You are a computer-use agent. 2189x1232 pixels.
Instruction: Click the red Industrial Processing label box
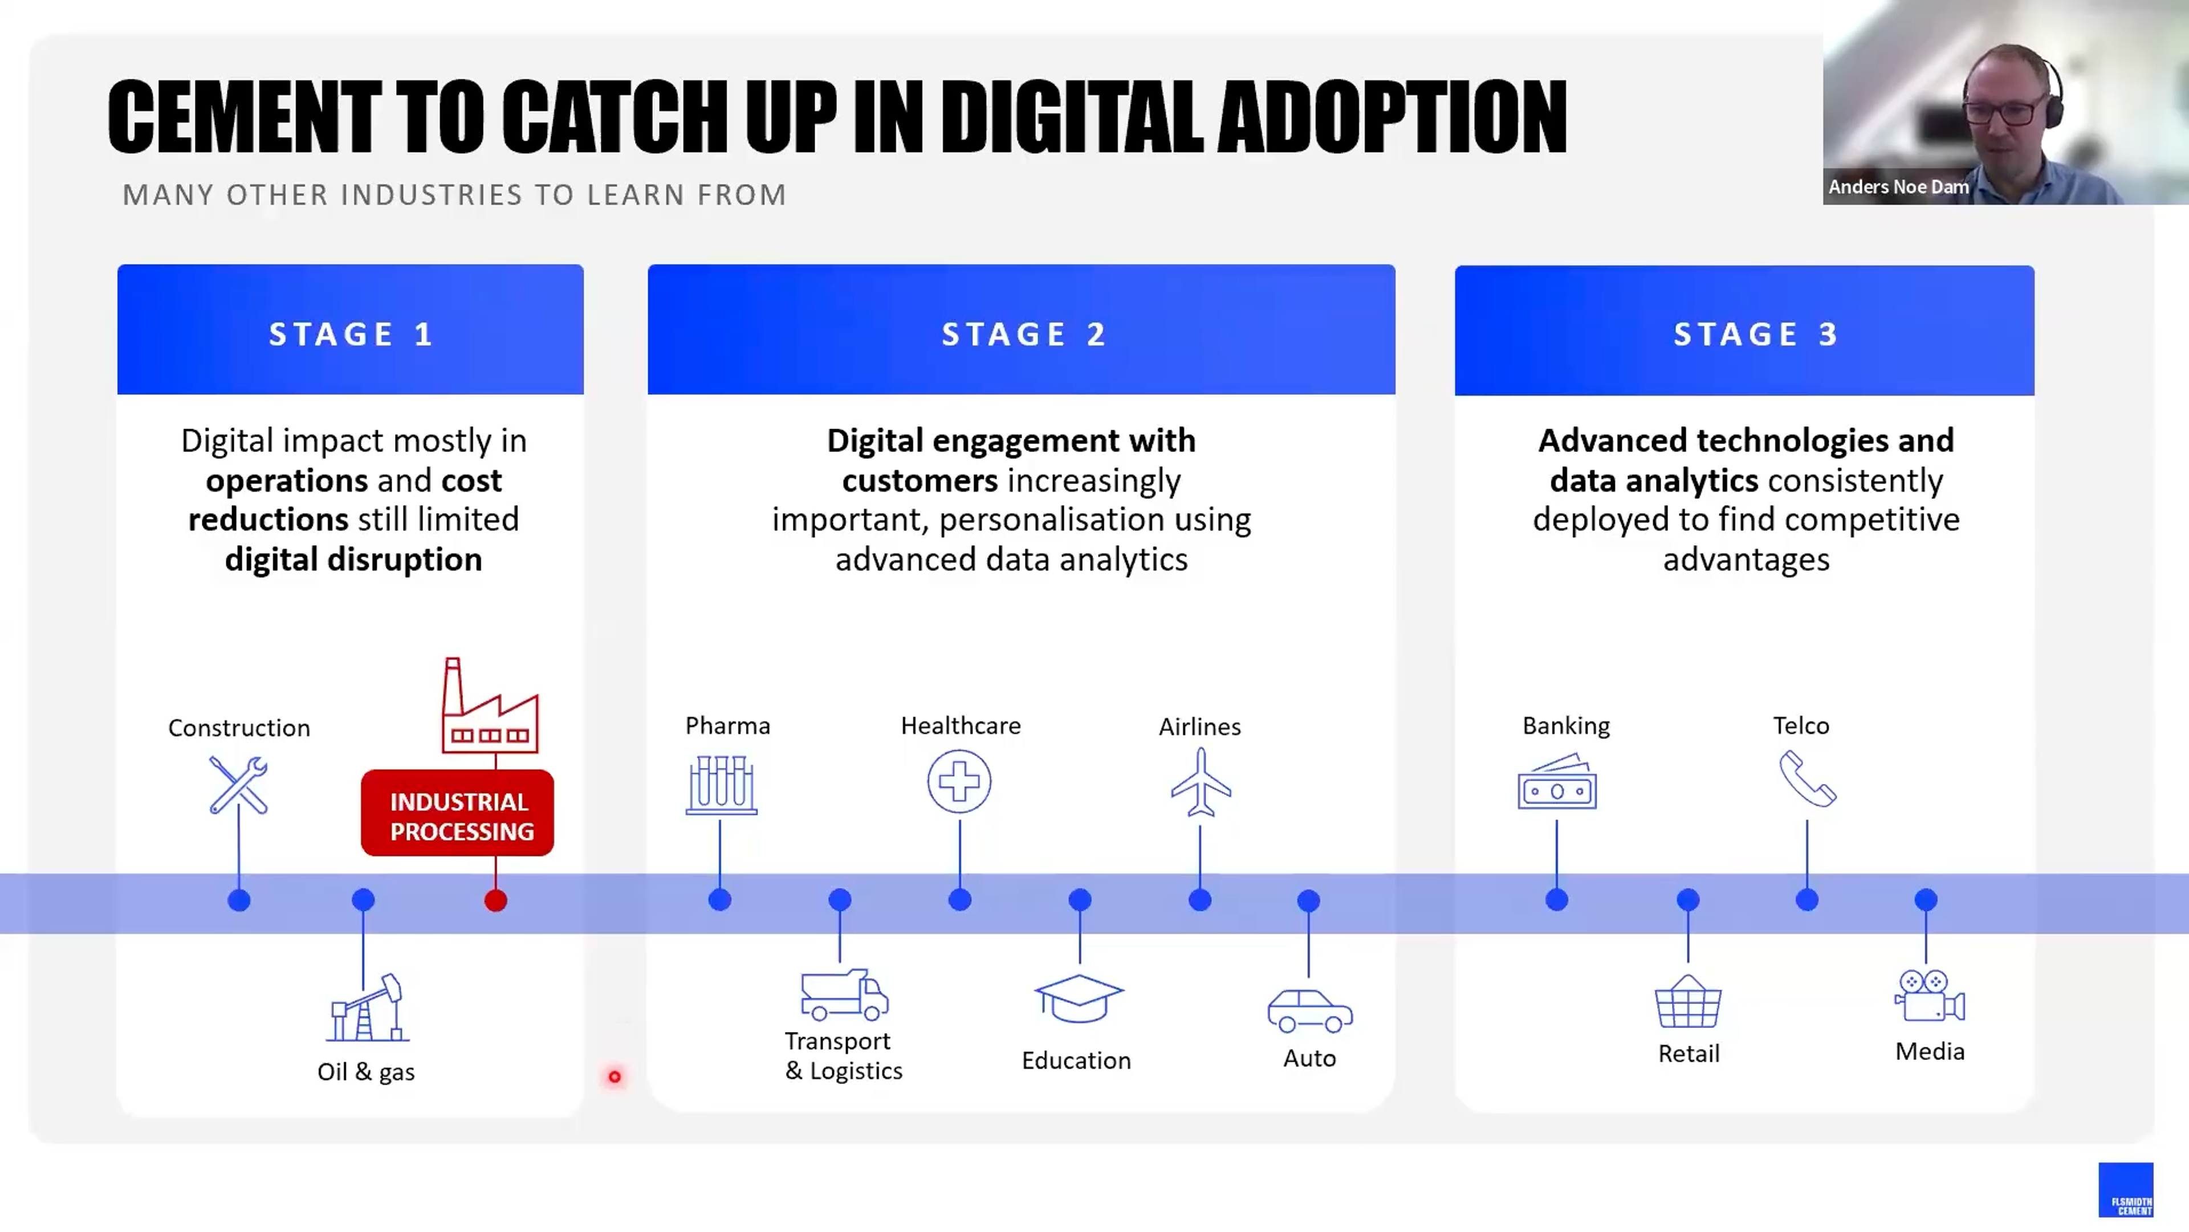click(457, 813)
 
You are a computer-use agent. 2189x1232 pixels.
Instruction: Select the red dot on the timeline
click(495, 900)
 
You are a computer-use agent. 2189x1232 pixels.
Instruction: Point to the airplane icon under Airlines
click(1201, 782)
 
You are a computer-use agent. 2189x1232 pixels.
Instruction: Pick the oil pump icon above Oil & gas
click(368, 1009)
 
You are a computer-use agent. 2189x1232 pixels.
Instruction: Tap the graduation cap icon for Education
click(1079, 999)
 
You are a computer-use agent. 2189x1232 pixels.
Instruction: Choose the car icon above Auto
click(1309, 1010)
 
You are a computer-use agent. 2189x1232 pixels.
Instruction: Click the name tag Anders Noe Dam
click(1898, 187)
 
